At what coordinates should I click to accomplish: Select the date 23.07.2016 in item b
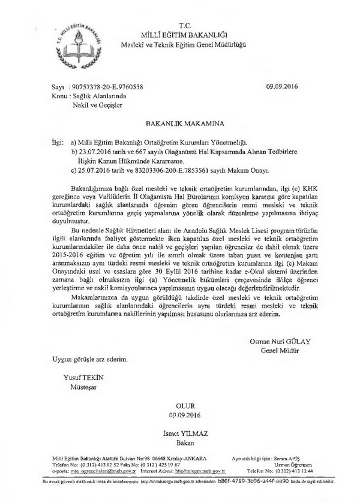point(93,153)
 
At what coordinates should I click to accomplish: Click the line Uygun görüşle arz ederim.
point(90,359)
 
